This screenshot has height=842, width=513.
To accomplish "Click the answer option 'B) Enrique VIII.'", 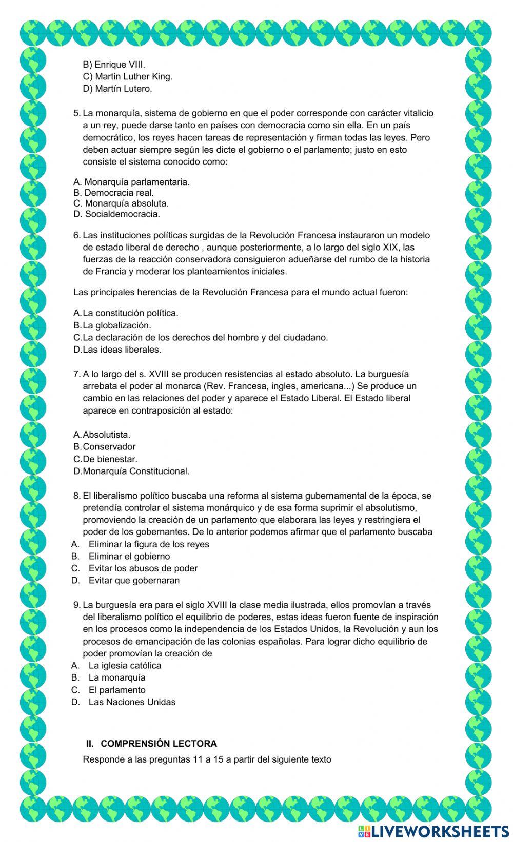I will pos(114,65).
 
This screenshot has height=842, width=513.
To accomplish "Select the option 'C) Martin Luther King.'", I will pos(128,77).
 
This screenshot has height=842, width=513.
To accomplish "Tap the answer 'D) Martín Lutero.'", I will pos(117,89).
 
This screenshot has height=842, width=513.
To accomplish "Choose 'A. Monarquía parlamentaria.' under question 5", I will pos(131,182).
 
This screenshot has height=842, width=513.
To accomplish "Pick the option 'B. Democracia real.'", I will pos(113,193).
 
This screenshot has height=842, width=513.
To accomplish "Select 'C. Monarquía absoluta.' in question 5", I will pos(121,203).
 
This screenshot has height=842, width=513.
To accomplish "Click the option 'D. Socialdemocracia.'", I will pos(116,214).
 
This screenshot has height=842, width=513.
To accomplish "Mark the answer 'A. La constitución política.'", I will pos(126,313).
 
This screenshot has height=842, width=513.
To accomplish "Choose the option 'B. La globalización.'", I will pos(112,325).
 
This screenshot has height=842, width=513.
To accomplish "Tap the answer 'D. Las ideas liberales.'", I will pos(117,350).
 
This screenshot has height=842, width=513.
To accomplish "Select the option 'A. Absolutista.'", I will pos(102,435).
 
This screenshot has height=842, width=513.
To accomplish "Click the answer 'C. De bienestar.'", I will pos(106,459).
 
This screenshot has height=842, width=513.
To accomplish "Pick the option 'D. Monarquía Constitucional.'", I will pos(131,471).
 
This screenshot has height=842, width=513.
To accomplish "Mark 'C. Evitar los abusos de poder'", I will pos(134,568).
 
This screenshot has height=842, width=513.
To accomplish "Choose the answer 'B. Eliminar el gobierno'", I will pos(121,556).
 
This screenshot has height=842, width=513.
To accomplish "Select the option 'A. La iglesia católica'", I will pos(116,666).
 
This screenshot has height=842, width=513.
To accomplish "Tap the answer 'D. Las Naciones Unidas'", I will pos(124,702).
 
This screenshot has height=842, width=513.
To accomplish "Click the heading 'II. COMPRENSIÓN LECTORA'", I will pos(151,744).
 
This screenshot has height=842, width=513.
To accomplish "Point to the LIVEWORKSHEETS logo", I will pos(433,831).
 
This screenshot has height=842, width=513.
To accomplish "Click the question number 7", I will pos(77,374).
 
